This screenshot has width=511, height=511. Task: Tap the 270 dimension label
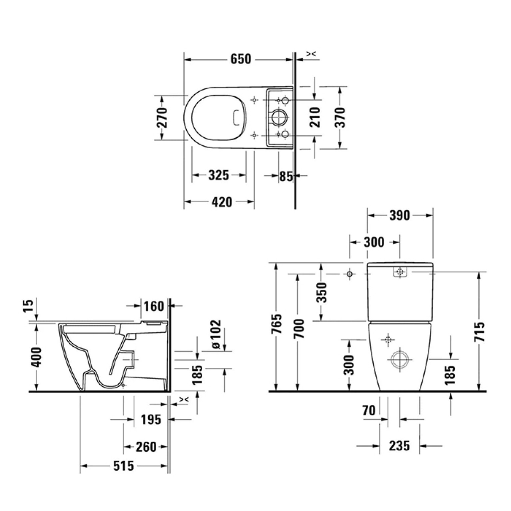162,118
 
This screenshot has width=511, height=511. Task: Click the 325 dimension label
219,175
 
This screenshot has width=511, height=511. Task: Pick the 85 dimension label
286,176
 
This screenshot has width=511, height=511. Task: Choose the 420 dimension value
222,202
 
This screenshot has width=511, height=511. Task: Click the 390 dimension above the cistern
399,216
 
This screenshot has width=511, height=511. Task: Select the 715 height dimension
480,332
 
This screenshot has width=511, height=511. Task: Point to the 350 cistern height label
322,292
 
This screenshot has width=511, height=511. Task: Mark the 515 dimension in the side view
124,466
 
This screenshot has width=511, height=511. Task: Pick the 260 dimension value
146,447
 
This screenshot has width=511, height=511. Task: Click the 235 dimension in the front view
399,445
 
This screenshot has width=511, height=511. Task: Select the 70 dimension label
369,410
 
